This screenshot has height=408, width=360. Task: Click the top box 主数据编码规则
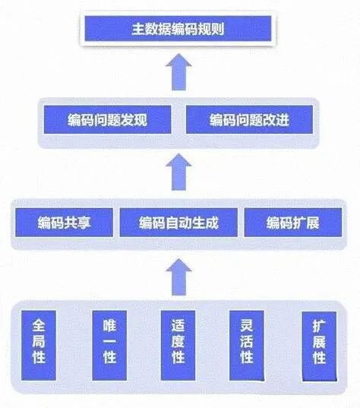tap(178, 28)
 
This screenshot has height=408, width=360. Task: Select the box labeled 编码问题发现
tap(107, 120)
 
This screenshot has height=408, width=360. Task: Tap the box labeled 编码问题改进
tap(249, 120)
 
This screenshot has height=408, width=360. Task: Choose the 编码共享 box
tap(64, 223)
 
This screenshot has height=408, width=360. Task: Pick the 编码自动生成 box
tap(178, 223)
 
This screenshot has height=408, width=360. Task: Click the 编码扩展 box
tap(293, 223)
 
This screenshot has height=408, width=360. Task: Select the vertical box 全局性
tap(39, 345)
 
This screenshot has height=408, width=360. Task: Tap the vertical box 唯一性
tap(109, 345)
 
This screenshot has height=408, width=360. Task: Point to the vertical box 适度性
tap(178, 345)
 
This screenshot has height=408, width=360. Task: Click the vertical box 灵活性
tap(247, 345)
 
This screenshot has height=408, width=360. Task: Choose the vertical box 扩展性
tap(319, 346)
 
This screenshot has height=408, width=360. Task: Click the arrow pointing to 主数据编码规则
tap(178, 72)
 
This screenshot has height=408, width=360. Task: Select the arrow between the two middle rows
tap(178, 172)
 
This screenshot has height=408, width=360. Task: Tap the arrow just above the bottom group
tap(178, 277)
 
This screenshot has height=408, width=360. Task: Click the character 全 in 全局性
tap(39, 325)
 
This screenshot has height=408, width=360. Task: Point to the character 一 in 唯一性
tap(109, 341)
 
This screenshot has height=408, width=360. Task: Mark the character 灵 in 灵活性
tap(247, 325)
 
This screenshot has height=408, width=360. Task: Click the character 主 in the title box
tap(138, 29)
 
